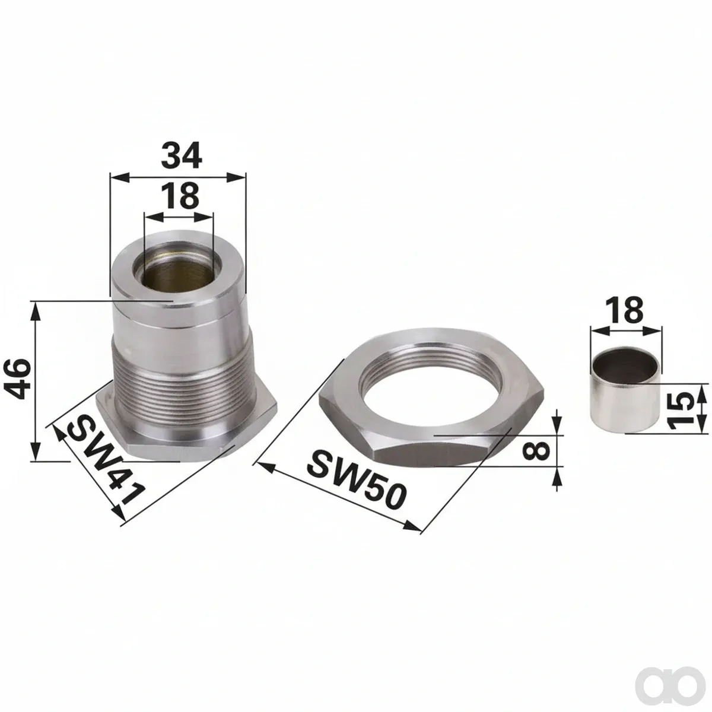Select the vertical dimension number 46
point(18,378)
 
